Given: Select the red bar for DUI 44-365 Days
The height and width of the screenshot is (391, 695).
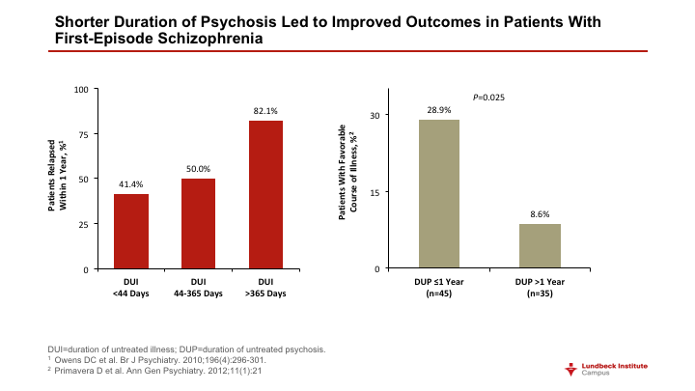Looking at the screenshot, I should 198,223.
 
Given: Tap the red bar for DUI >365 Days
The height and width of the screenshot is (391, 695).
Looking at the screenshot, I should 265,194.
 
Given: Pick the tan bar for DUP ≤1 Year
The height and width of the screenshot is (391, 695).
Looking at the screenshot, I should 439,193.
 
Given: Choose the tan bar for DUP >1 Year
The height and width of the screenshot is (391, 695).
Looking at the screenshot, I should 540,245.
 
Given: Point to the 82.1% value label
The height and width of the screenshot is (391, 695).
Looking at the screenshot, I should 265,111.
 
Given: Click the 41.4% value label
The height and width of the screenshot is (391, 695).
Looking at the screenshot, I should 130,184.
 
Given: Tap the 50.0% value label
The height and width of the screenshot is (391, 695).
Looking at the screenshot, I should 198,169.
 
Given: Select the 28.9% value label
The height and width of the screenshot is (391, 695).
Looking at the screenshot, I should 439,110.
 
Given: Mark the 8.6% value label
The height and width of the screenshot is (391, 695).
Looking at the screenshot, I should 540,214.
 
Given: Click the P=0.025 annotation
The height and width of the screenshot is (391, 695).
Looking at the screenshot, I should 488,98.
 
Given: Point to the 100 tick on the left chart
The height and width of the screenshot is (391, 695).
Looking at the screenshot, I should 81,90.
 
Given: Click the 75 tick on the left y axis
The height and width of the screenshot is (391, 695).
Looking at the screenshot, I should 83,134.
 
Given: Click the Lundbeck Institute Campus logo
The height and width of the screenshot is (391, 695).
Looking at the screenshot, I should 614,369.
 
